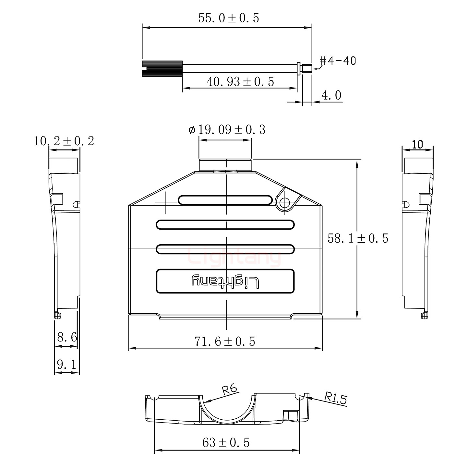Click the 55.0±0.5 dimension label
coord(229,18)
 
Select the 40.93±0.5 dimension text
coord(240,82)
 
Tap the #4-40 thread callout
coord(338,61)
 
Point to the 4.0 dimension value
coord(331,96)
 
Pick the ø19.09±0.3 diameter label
coord(227,130)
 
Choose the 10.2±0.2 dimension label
coord(64,141)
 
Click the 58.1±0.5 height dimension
coord(358,238)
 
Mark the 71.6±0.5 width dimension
coord(225,341)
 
